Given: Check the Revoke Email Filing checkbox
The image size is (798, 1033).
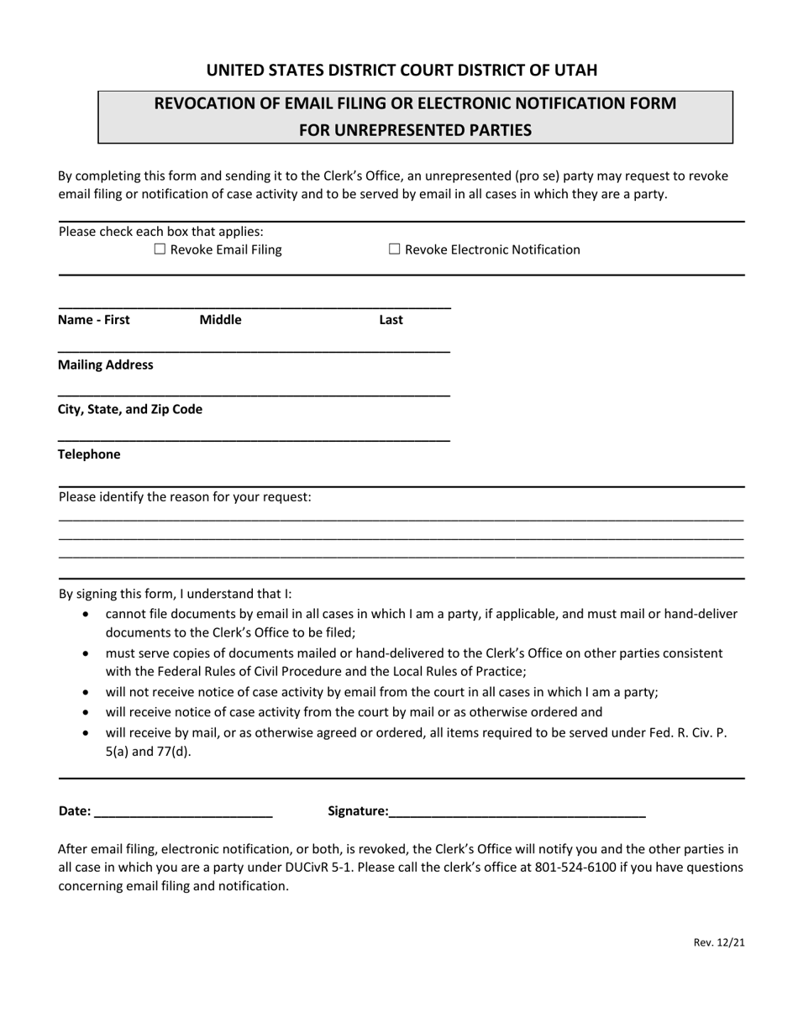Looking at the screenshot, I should click(x=160, y=249).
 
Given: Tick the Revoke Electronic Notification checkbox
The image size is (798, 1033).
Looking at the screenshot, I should click(x=395, y=249).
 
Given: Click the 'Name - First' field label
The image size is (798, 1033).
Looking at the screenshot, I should click(x=94, y=320).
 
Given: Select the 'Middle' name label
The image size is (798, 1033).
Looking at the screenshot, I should click(x=220, y=320).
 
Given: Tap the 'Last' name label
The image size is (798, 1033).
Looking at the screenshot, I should click(x=391, y=320).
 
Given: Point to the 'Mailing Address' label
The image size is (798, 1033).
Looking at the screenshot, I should click(x=106, y=364).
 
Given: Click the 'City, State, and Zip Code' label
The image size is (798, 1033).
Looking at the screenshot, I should click(x=130, y=409).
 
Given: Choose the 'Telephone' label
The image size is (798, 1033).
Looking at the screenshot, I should click(x=89, y=454).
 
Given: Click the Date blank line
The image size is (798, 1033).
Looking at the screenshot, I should click(x=184, y=810).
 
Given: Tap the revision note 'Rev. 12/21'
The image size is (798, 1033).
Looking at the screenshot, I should click(x=719, y=942).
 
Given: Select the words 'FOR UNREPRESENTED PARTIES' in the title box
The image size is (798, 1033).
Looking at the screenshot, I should click(x=416, y=130).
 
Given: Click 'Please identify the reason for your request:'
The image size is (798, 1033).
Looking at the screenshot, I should click(x=185, y=497).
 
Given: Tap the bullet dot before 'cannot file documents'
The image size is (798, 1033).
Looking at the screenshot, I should click(x=88, y=615).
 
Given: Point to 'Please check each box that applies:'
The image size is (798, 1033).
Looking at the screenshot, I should click(x=161, y=231).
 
